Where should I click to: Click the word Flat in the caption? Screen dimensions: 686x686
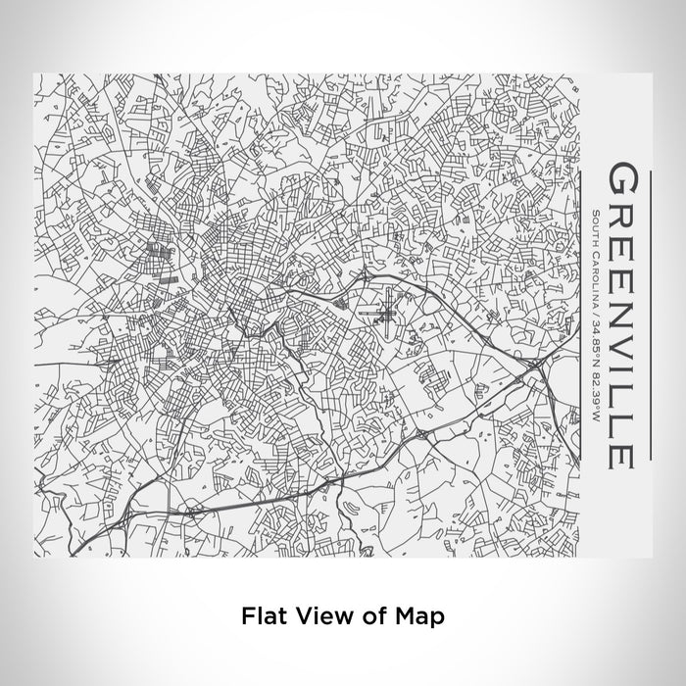[258, 616]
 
